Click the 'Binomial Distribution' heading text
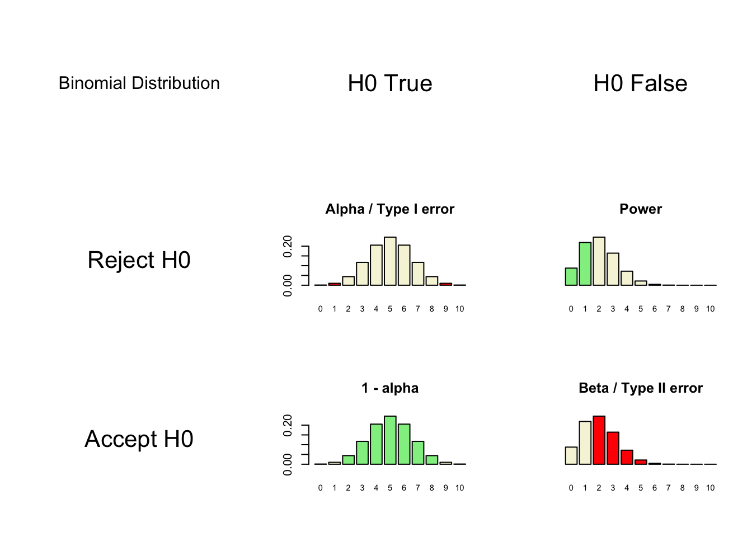(139, 83)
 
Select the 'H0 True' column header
(390, 83)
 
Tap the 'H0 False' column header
(640, 83)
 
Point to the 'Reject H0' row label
(139, 260)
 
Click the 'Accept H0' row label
(139, 439)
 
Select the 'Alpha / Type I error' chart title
(390, 209)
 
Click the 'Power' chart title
(640, 209)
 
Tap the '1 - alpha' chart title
(390, 388)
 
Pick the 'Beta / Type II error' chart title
(640, 388)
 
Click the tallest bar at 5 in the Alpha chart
(390, 261)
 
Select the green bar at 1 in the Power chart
(585, 264)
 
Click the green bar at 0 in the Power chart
(571, 277)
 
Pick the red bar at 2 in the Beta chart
(599, 440)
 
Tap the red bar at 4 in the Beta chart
(627, 457)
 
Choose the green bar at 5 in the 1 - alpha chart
(390, 440)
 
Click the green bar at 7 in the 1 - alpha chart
(418, 453)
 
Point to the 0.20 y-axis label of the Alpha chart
(288, 246)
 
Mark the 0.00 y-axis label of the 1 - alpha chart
(288, 464)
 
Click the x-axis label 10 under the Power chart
(710, 309)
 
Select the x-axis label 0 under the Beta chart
(571, 488)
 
